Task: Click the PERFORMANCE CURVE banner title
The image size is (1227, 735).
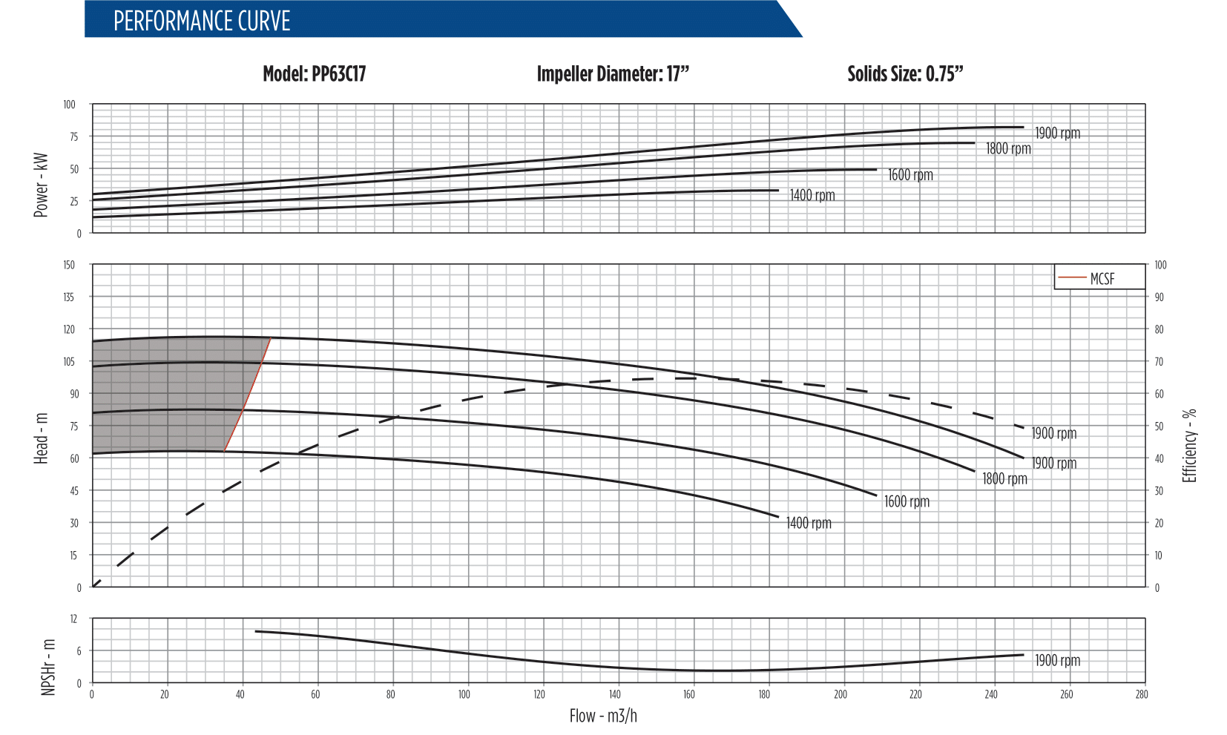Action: click(x=202, y=21)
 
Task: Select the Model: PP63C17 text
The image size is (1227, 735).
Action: click(x=314, y=74)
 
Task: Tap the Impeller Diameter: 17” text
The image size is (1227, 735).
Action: click(x=613, y=74)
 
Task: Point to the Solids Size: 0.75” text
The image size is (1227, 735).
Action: click(x=905, y=74)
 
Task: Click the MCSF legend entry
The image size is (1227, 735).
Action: click(x=1101, y=279)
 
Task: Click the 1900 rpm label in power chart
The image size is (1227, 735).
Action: click(x=1057, y=134)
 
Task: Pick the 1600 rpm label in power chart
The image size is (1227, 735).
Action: click(x=910, y=175)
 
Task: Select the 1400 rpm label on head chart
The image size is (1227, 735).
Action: click(x=809, y=523)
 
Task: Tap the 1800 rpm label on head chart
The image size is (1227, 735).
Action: click(x=1004, y=479)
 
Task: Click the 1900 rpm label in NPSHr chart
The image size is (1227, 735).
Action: click(x=1057, y=660)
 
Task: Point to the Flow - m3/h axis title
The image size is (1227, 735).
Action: click(x=603, y=716)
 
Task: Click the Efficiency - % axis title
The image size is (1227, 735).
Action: click(x=1189, y=445)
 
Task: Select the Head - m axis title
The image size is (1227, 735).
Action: click(x=41, y=439)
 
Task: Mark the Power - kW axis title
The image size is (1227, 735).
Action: click(x=41, y=185)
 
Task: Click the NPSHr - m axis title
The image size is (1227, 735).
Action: click(x=49, y=667)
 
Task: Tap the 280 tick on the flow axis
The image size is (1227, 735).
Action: click(x=1141, y=695)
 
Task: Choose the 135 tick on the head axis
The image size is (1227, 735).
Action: click(x=68, y=297)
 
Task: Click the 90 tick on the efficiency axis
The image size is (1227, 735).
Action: click(x=1159, y=297)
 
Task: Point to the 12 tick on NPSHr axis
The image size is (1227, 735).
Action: click(x=73, y=619)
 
